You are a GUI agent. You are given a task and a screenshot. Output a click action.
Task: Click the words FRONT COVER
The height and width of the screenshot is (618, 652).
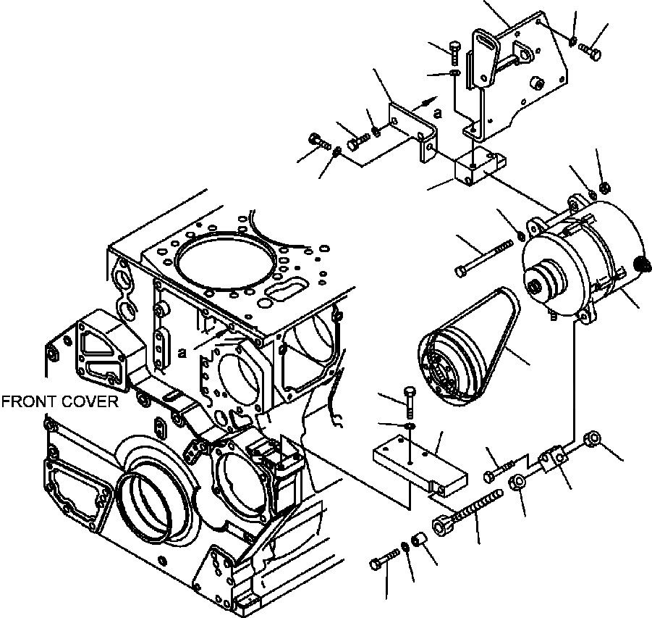59,401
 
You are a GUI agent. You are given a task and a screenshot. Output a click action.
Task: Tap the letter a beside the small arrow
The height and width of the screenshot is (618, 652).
436,112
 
